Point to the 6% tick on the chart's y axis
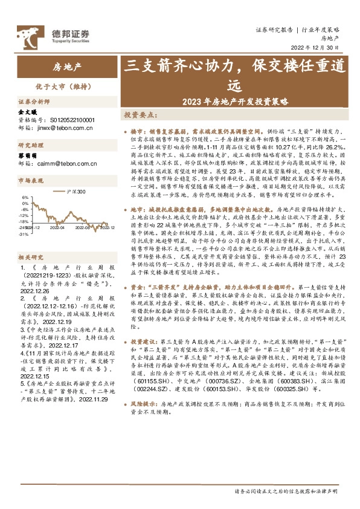click(x=24, y=198)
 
